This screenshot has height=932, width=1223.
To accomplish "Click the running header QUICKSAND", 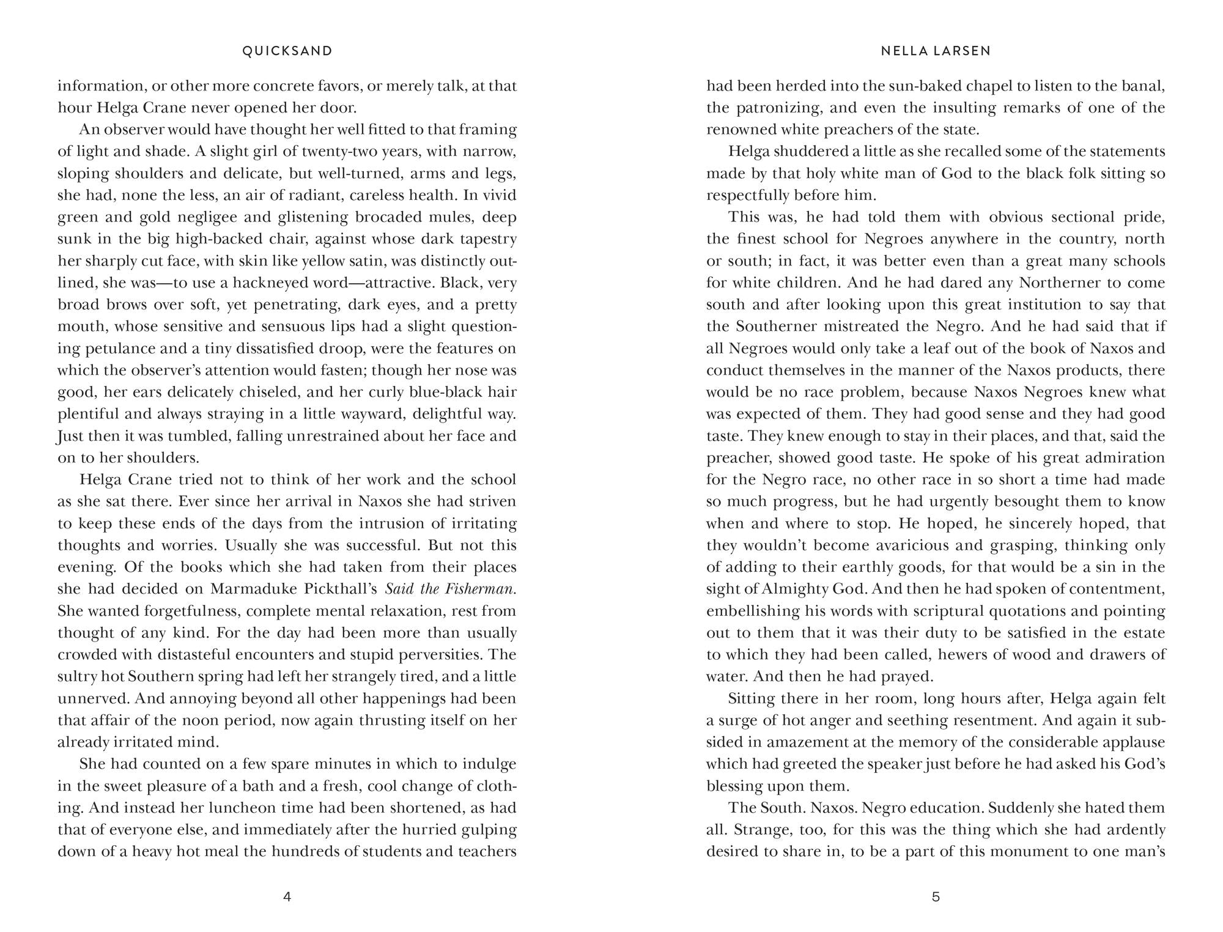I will pos(287,51).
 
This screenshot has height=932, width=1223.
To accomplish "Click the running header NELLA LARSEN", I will pos(936,51).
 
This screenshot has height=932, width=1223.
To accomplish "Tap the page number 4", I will pos(287,897).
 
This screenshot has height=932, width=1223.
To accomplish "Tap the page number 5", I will pos(936,897).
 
